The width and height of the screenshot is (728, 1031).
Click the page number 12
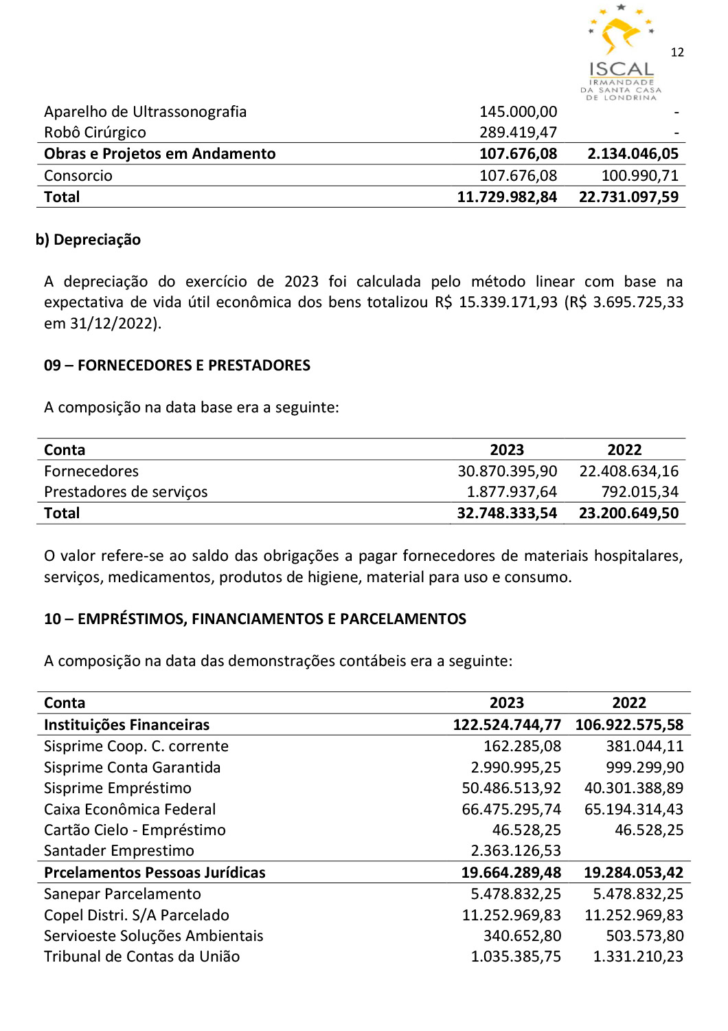[677, 52]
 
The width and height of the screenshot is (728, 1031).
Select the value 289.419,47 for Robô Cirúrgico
[518, 133]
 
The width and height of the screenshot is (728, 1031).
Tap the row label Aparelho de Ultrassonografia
[145, 112]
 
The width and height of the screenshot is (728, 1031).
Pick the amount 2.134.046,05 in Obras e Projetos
[633, 154]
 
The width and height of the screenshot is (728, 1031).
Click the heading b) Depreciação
[88, 240]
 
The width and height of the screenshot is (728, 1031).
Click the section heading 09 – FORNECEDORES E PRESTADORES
[177, 366]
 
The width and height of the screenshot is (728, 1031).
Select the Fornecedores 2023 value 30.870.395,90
[507, 472]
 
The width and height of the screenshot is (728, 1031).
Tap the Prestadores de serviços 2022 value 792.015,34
[639, 492]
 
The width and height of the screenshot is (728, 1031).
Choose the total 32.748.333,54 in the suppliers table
[507, 513]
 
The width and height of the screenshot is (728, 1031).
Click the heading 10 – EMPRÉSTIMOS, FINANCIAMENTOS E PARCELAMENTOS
[255, 619]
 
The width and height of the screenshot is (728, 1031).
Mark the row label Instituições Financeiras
[126, 725]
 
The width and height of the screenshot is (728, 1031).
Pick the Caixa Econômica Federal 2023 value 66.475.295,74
[511, 810]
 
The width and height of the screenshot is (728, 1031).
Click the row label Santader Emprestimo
[119, 851]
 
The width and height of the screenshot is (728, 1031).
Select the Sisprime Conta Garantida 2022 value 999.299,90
[644, 768]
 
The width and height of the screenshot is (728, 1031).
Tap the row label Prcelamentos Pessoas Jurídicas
[155, 873]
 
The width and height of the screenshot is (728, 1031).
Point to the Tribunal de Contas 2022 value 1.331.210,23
[638, 957]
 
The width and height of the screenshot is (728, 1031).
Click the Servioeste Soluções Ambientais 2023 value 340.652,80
[522, 936]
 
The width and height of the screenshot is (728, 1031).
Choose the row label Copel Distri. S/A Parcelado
[136, 916]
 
